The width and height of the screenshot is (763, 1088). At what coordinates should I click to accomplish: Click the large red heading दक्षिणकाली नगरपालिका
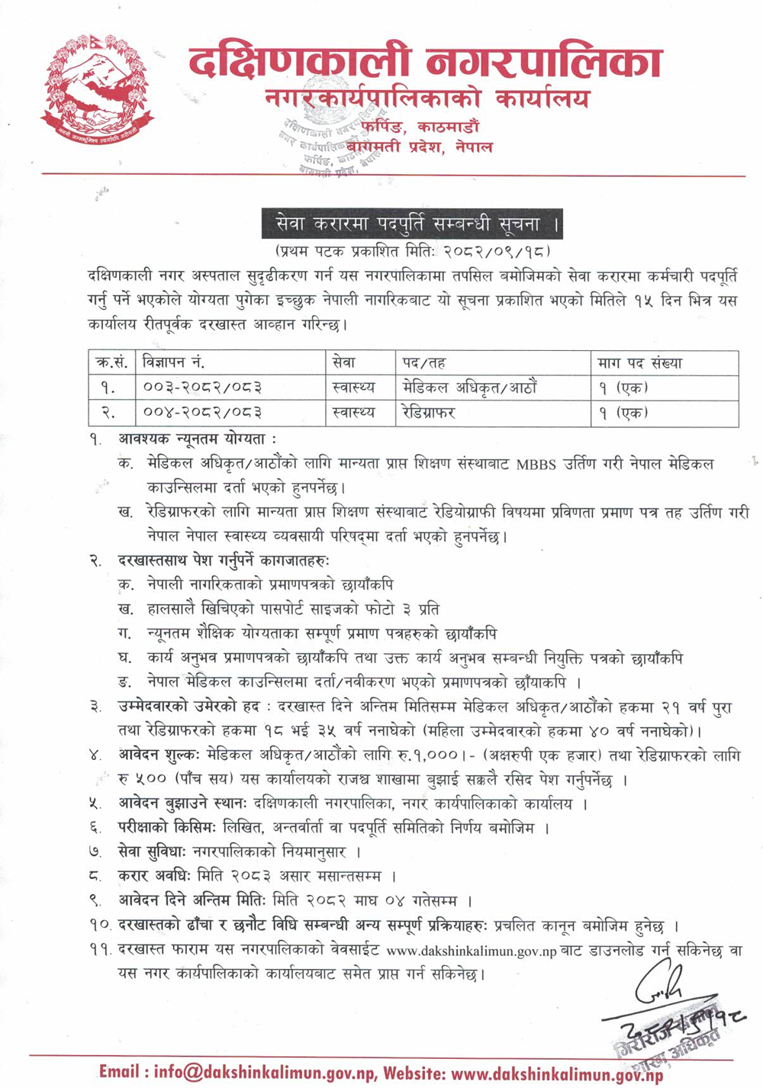[x=425, y=63]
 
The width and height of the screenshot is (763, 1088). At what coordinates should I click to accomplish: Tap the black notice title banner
[x=412, y=224]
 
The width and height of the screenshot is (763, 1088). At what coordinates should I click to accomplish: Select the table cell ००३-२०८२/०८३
[x=203, y=388]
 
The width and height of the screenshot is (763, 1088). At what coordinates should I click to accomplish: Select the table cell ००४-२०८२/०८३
[x=203, y=413]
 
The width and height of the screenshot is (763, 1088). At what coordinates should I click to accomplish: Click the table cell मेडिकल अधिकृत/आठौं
[x=470, y=388]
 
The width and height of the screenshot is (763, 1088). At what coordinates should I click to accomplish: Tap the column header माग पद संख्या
[x=641, y=362]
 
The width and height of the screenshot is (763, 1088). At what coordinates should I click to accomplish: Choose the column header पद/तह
[x=424, y=362]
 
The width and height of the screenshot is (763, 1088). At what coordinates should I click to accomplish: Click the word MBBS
[x=536, y=464]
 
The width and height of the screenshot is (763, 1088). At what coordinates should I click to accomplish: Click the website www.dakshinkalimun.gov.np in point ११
[x=472, y=951]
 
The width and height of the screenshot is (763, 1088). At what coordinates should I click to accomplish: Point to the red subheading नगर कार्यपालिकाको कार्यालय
[x=427, y=99]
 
